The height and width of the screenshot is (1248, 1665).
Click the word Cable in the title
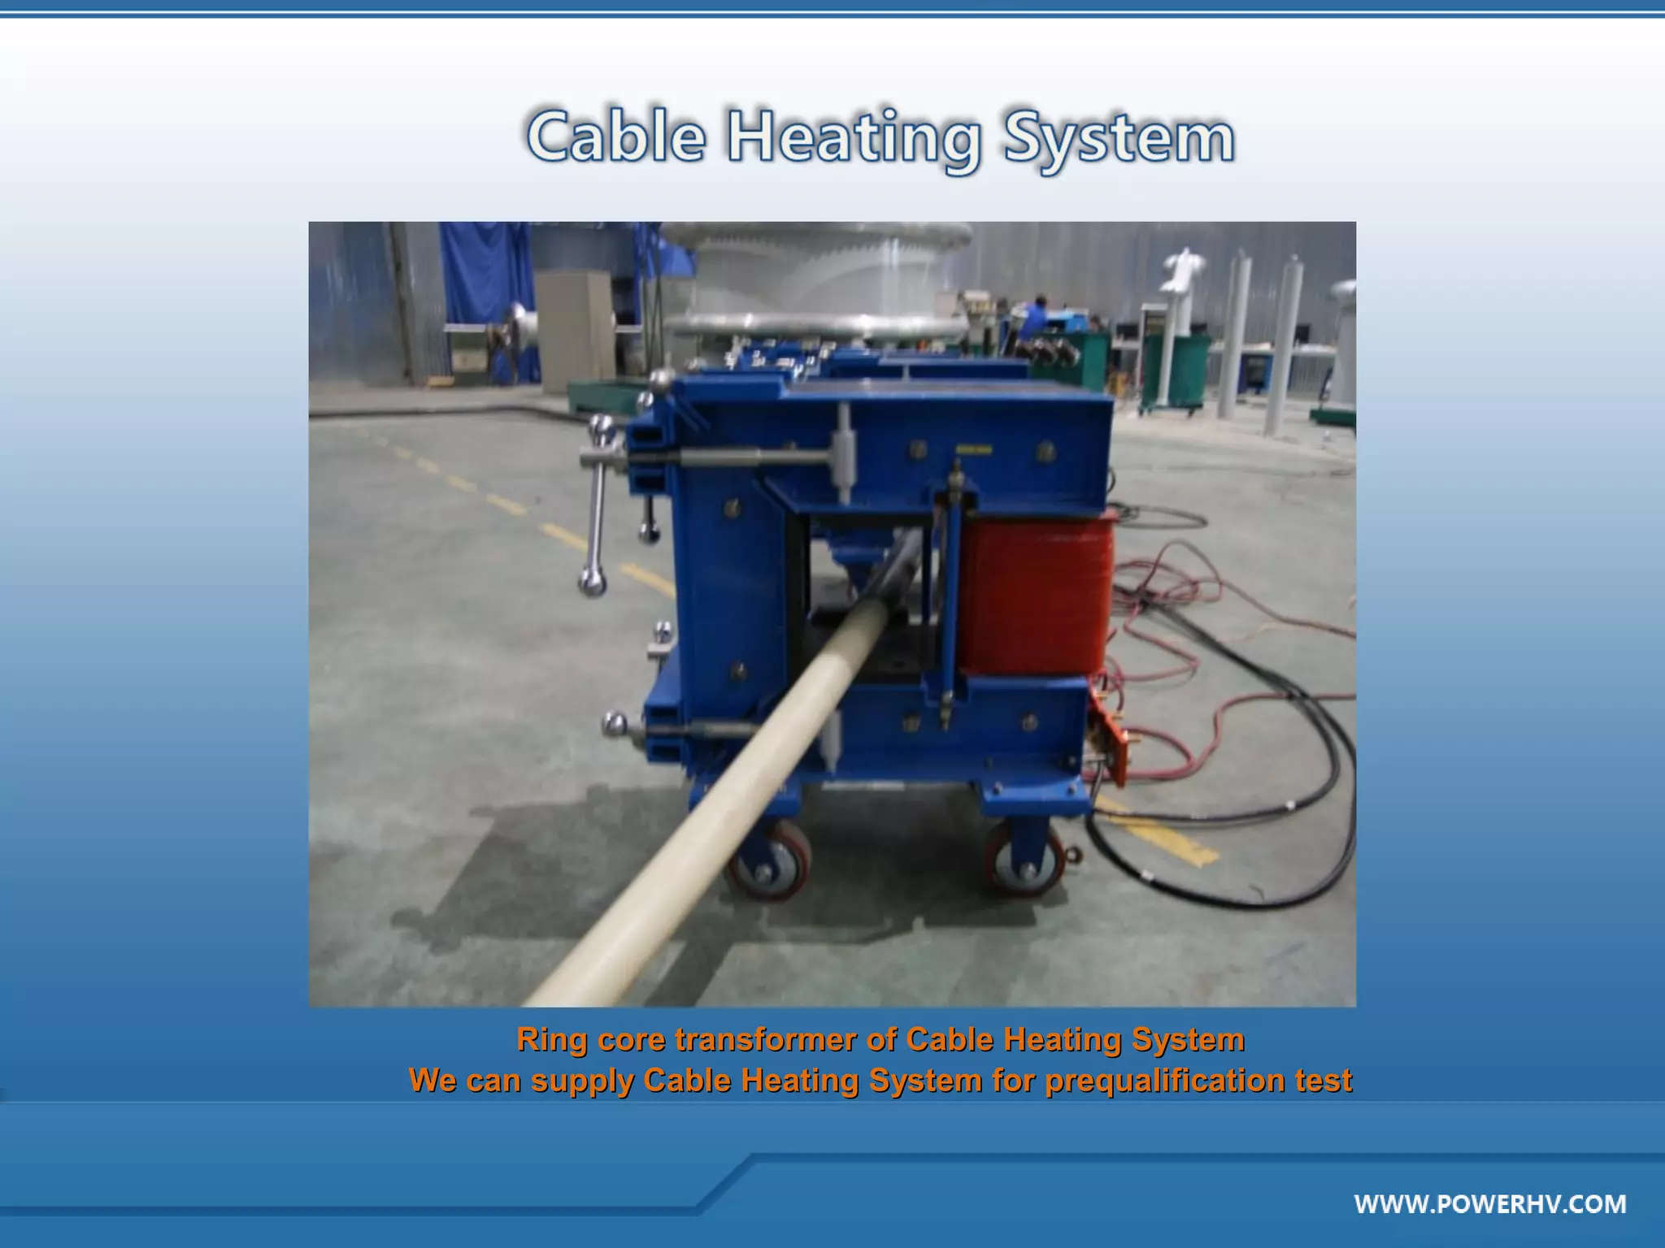pos(616,136)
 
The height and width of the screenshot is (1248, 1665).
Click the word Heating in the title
pos(854,138)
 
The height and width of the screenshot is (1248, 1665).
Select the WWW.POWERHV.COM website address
pos(1490,1203)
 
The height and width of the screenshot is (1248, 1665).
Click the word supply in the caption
pos(582,1081)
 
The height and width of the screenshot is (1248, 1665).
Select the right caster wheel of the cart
pos(1024,861)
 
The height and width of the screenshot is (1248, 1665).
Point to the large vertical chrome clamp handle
pos(598,504)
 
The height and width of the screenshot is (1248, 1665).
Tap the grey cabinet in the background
pos(572,329)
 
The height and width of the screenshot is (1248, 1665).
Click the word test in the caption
pos(1325,1081)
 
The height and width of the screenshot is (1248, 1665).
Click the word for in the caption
pos(1012,1081)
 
